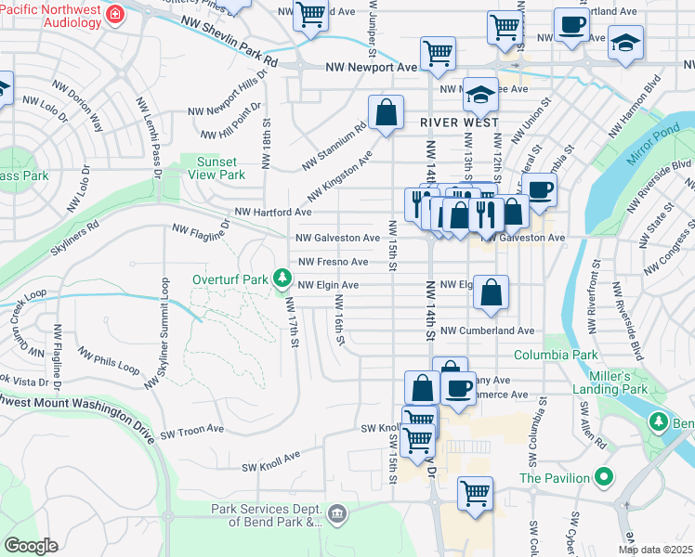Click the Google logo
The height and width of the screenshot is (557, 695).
31,546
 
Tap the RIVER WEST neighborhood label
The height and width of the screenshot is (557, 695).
458,123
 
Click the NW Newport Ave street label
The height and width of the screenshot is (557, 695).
372,68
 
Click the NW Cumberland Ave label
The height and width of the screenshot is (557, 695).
487,330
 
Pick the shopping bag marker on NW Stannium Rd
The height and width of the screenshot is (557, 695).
386,113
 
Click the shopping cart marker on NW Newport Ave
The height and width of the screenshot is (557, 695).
438,53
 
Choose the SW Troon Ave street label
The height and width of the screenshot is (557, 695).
192,431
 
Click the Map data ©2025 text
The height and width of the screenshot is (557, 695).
655,550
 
